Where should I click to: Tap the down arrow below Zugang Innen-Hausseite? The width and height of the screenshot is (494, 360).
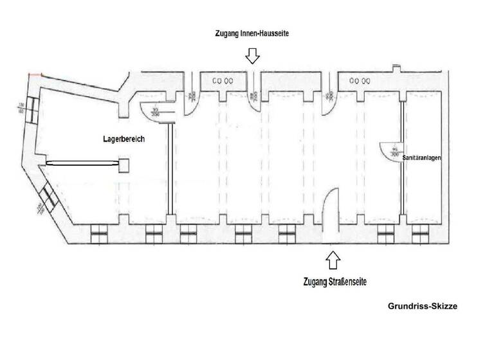click(252, 57)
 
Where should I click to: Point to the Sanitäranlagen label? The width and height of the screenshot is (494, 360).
click(421, 157)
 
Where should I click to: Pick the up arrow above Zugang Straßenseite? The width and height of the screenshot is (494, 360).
click(333, 260)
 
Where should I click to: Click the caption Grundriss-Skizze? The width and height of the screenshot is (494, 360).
click(423, 307)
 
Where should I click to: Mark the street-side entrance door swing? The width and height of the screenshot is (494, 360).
click(331, 204)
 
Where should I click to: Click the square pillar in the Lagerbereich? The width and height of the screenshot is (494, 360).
click(123, 165)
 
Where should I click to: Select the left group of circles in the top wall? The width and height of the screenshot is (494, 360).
click(222, 81)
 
